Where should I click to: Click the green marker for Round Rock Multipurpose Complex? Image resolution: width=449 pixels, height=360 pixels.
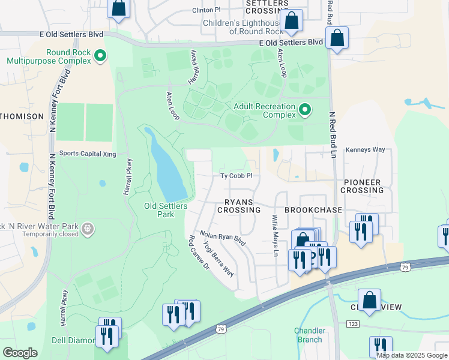point(101,56)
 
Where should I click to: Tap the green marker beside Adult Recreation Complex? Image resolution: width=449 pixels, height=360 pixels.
point(305,110)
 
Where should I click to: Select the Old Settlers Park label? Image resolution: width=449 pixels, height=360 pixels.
point(166,209)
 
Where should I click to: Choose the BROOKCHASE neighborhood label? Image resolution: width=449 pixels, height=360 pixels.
point(313,210)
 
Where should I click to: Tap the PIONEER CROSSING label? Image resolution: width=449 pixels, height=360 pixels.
point(361,186)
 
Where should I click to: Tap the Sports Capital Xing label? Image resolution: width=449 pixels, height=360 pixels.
point(88,154)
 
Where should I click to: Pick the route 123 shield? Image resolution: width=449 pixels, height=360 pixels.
point(352,324)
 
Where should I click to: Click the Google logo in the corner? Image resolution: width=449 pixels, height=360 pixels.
point(20,352)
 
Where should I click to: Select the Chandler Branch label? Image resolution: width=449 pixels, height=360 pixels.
point(310,335)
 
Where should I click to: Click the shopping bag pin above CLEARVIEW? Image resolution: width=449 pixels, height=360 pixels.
point(370,299)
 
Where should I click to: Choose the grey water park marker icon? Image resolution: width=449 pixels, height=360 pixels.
point(88,229)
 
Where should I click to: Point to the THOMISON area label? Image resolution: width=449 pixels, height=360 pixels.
point(22,116)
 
